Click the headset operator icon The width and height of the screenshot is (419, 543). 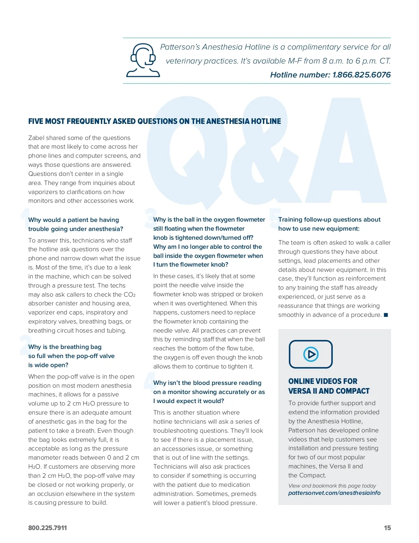click(x=143, y=60)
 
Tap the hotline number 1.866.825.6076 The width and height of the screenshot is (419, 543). click(x=361, y=75)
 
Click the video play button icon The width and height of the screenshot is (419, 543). click(x=311, y=354)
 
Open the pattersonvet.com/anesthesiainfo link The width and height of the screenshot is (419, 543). click(x=334, y=493)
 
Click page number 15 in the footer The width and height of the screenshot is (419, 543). click(x=387, y=528)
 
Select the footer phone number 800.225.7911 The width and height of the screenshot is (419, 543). click(x=47, y=528)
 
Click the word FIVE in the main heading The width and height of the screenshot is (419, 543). click(x=36, y=121)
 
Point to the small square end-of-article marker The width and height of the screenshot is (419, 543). click(x=386, y=315)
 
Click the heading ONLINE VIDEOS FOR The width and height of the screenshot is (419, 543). click(x=323, y=381)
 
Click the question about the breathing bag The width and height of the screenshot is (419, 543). click(x=71, y=356)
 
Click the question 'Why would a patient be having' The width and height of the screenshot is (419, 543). click(x=74, y=220)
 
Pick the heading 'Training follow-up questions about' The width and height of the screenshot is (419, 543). click(x=329, y=220)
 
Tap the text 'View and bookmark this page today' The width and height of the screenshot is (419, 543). click(x=332, y=486)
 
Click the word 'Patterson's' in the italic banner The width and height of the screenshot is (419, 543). click(x=179, y=47)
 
